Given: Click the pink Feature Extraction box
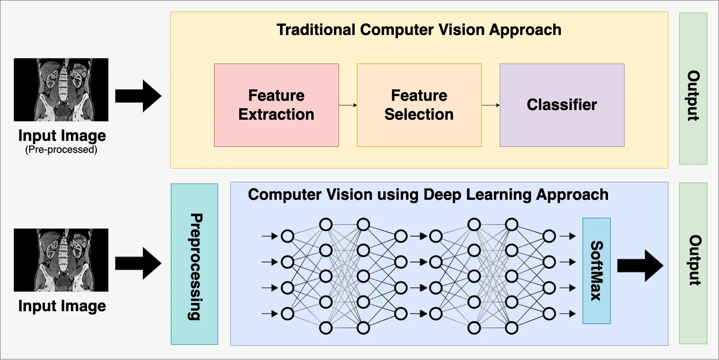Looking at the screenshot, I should click(x=276, y=105).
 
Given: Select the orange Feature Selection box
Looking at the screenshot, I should click(x=419, y=105).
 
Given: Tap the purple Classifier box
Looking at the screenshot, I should click(x=562, y=105).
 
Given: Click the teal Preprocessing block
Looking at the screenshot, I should click(x=194, y=264).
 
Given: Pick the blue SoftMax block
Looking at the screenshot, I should click(x=596, y=271).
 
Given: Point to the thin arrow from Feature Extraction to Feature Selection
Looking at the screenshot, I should click(x=348, y=105).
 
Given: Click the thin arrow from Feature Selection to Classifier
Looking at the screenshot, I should click(x=491, y=105).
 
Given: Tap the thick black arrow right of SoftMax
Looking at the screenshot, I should click(x=640, y=266).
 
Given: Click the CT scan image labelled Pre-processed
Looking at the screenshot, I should click(x=61, y=90).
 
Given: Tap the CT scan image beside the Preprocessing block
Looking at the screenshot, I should click(x=61, y=260).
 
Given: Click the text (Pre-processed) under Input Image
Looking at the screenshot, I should click(x=61, y=150).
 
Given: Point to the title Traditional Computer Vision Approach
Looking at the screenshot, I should click(x=419, y=30).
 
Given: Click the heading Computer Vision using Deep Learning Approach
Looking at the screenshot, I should click(x=428, y=194).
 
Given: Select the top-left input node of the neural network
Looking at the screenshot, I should click(x=287, y=237).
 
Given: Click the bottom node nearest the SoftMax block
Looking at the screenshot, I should click(x=549, y=314).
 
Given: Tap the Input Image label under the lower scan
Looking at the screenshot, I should click(x=62, y=306).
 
